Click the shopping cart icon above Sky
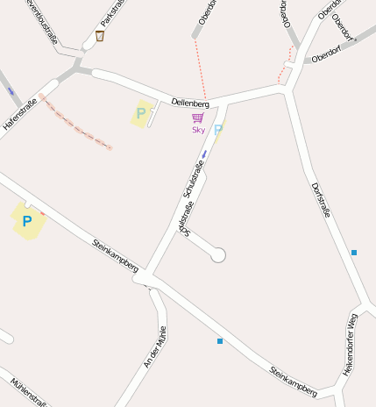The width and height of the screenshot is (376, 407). (197, 118)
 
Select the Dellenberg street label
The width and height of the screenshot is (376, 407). (190, 104)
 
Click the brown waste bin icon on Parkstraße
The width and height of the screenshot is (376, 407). (100, 36)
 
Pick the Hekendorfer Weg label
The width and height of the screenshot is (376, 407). (351, 345)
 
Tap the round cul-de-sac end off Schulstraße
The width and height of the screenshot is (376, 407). (218, 255)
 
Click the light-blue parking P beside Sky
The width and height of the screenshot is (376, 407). (218, 130)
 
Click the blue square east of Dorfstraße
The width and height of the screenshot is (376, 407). (354, 253)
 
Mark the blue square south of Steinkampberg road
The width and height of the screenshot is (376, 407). (220, 340)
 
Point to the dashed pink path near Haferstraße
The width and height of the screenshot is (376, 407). (76, 123)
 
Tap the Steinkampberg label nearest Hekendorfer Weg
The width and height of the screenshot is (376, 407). (294, 381)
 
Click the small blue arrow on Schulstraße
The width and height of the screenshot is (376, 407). (204, 154)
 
